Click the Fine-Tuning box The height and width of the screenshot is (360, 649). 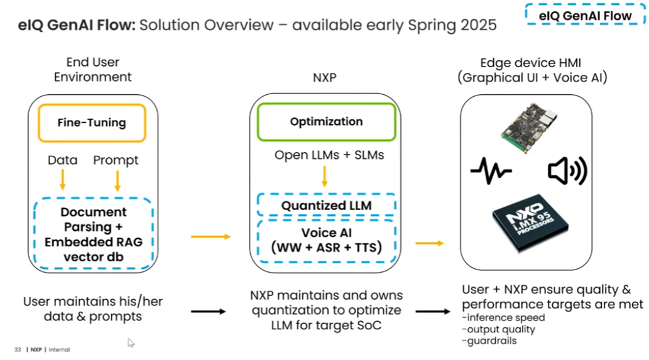(92, 123)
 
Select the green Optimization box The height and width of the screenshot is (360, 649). (326, 122)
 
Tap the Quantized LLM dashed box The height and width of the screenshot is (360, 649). (326, 205)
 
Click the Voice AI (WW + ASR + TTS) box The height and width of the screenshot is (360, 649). (326, 240)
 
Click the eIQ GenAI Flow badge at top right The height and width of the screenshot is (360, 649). (584, 16)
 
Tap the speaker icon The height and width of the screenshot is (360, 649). (567, 170)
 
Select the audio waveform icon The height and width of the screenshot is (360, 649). (491, 170)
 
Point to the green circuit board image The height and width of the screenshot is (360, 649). (529, 128)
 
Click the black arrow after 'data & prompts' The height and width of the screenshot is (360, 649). (208, 311)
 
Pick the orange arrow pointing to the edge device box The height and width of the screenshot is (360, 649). (429, 243)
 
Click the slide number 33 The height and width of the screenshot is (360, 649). (18, 349)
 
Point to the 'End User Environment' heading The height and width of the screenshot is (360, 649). (92, 69)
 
